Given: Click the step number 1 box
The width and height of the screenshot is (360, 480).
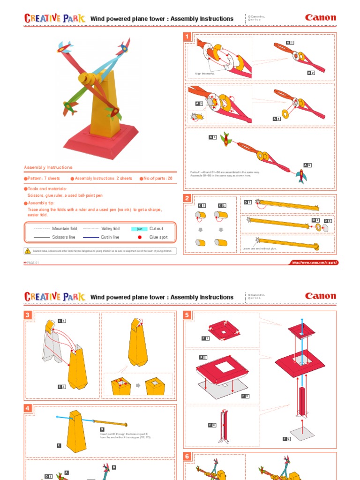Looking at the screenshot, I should [187, 37].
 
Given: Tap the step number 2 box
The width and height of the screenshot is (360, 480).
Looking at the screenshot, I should [187, 198].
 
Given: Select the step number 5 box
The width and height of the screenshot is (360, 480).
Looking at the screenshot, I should [187, 315].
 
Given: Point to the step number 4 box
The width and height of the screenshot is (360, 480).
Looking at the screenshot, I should [28, 408].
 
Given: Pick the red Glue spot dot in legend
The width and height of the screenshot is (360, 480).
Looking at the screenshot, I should [139, 237].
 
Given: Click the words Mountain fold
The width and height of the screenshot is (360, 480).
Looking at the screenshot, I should [64, 228].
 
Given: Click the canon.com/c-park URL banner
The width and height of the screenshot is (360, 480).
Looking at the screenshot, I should [314, 262].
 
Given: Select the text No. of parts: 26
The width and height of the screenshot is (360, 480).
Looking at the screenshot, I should [156, 179].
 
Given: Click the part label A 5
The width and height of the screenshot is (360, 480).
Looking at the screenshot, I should [213, 137].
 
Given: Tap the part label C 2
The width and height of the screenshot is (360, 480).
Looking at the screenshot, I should [222, 205].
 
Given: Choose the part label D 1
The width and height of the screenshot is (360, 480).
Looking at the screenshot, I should [247, 202].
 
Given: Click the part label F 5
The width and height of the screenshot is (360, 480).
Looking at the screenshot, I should [286, 438].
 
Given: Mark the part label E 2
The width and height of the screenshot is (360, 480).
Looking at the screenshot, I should [61, 387].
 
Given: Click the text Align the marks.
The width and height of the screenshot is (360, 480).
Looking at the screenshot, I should [204, 74].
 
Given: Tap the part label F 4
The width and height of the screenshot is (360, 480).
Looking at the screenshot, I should [212, 425].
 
